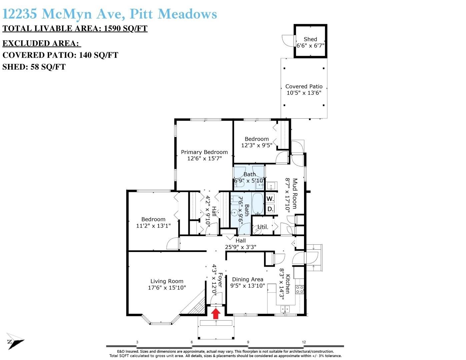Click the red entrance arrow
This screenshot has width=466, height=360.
click(x=216, y=313)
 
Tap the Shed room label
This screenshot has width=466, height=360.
click(x=310, y=39)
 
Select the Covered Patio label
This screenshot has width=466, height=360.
click(x=304, y=86)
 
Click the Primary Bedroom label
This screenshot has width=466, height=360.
click(x=204, y=152)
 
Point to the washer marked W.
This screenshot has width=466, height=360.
click(x=270, y=199)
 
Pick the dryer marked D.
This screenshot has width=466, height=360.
click(x=270, y=209)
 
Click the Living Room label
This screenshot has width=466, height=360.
click(x=167, y=281)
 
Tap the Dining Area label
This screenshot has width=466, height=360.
click(x=247, y=279)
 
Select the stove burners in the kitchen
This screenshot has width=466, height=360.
click(x=299, y=289)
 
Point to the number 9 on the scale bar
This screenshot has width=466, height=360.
click(x=248, y=342)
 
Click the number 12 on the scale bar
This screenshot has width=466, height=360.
click(x=304, y=342)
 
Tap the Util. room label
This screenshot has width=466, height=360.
click(x=263, y=227)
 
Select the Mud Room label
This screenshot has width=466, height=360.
click(x=295, y=193)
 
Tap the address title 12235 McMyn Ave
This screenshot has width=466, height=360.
click(x=64, y=14)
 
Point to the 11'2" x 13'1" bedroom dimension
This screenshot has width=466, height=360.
click(x=153, y=226)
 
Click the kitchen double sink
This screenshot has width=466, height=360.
click(x=285, y=309)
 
